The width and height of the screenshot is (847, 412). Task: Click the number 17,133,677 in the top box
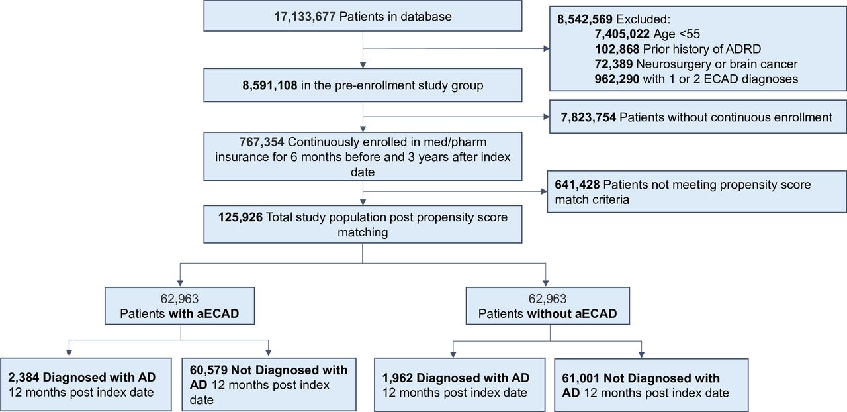(305, 17)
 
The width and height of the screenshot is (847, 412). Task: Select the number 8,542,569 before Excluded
(584, 19)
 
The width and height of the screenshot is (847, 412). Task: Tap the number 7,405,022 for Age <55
(622, 34)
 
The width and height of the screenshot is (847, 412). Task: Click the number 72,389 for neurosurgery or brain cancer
(613, 64)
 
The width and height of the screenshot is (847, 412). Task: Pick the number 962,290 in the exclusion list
(617, 79)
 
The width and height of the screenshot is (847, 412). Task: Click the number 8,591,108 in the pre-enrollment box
(270, 85)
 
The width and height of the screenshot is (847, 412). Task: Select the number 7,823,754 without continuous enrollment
(588, 117)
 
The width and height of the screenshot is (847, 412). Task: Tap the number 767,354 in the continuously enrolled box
(261, 142)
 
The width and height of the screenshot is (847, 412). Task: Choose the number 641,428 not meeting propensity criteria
(577, 185)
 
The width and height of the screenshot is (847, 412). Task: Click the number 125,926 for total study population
(240, 217)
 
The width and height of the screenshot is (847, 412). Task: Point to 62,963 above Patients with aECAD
(179, 299)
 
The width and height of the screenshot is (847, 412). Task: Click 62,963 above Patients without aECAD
(547, 299)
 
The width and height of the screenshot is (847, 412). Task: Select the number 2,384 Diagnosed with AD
(24, 377)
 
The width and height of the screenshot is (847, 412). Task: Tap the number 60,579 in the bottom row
(208, 370)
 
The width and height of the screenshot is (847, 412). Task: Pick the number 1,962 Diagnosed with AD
(398, 378)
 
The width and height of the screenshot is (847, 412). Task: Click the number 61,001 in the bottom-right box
(581, 378)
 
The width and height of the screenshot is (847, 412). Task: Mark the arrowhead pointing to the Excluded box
(547, 48)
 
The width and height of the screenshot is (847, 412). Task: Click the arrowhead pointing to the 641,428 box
(544, 191)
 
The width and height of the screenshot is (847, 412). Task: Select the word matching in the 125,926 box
(363, 232)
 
